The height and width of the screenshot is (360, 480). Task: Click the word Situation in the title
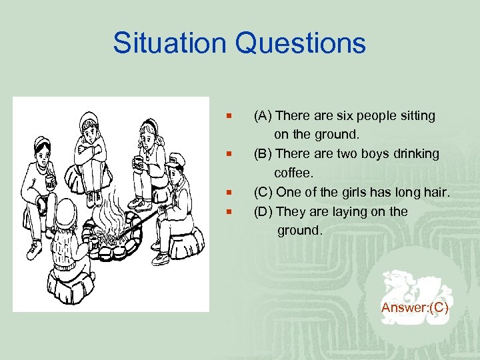pos(170,43)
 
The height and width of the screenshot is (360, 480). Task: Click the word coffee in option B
pos(294,173)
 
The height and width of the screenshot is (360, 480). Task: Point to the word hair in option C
pos(436,193)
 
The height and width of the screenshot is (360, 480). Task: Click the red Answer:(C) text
pos(415,307)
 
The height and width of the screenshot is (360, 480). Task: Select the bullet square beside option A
pos(229,116)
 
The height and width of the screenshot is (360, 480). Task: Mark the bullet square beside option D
pos(229,212)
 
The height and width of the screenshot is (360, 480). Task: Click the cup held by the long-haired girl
pos(136,161)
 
